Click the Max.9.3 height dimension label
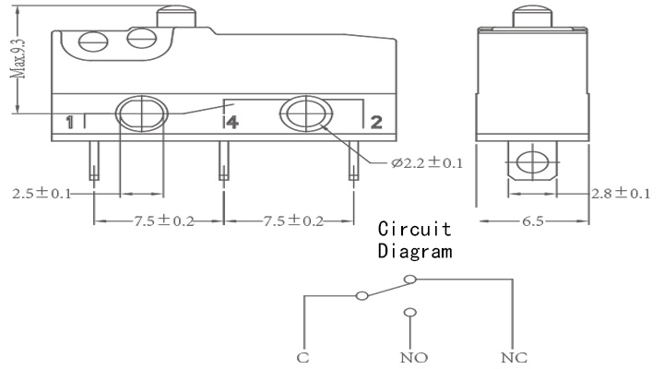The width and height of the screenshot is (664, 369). [x=18, y=58]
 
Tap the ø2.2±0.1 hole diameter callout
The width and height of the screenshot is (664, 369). [x=427, y=162]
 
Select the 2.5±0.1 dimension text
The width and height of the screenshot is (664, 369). [x=41, y=194]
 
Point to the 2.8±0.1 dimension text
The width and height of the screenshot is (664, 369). [x=621, y=194]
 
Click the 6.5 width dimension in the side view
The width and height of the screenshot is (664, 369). [x=532, y=220]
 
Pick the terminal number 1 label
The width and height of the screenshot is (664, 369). [x=70, y=122]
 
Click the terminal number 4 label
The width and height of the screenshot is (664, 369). [x=232, y=122]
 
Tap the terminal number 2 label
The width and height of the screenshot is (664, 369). [x=376, y=122]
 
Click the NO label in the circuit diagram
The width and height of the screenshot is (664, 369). [x=414, y=358]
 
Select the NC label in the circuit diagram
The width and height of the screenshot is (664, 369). [x=514, y=358]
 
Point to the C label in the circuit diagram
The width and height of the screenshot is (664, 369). [x=302, y=358]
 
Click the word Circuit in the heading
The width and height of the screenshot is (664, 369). [x=415, y=229]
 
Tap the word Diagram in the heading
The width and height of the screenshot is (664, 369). [x=415, y=250]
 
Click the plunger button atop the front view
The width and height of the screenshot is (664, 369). [x=176, y=16]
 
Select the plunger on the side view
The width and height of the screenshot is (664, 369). [x=533, y=16]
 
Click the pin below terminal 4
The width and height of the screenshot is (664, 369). [x=224, y=161]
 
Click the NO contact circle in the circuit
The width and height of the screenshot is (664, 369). [x=409, y=313]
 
